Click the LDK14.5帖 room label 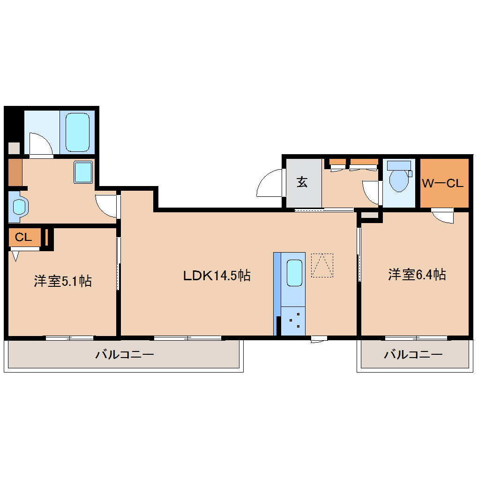(x=217, y=275)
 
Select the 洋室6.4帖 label (x=416, y=274)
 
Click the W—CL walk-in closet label (x=443, y=183)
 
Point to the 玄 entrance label (x=302, y=182)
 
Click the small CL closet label (x=23, y=237)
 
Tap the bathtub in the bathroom (x=77, y=132)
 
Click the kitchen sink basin (x=294, y=273)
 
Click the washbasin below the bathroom (x=84, y=172)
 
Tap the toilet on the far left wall (x=18, y=206)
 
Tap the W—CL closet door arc (x=443, y=217)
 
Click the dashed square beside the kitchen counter (x=322, y=265)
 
